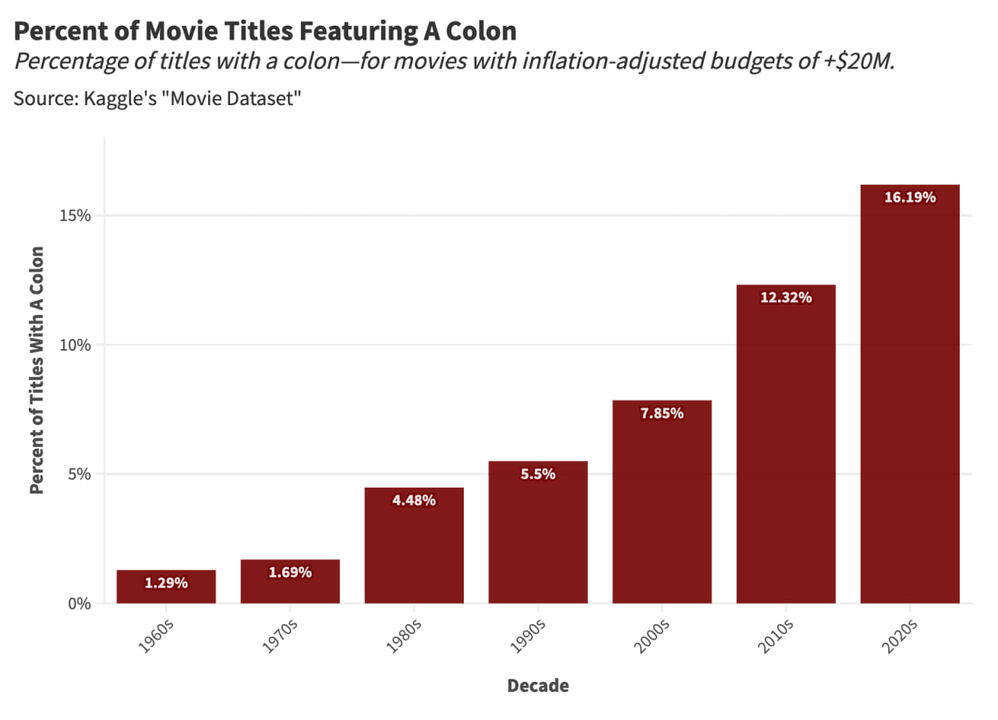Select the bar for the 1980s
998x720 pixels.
[414, 545]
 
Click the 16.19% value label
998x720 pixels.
[910, 197]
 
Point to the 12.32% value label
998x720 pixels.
[786, 298]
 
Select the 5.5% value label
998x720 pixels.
[538, 474]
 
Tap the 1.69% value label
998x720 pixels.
[290, 573]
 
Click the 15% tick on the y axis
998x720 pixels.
[76, 215]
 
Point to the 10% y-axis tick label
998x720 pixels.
[76, 344]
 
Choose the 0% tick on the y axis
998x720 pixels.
[80, 604]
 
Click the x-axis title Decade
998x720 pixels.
[538, 686]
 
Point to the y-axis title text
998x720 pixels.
[36, 369]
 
